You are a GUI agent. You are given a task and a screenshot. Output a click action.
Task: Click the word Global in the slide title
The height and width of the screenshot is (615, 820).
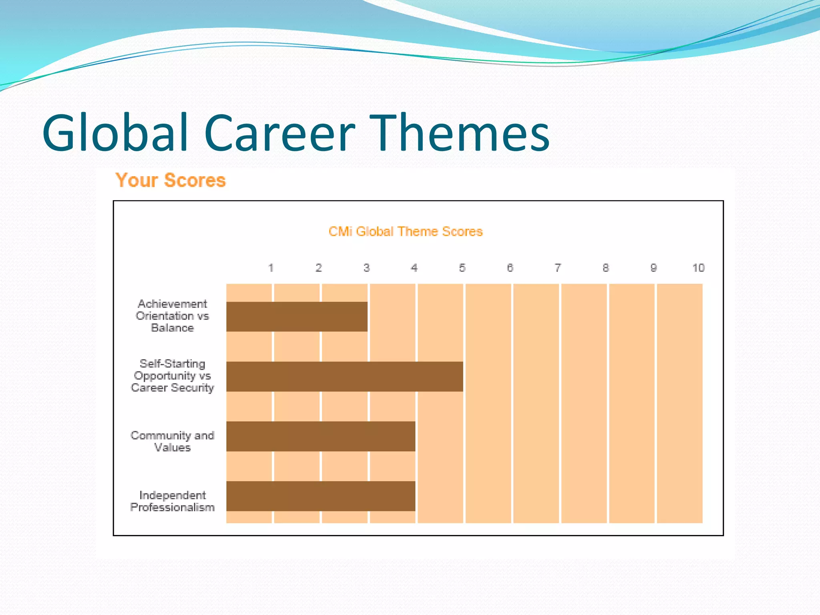[x=115, y=133]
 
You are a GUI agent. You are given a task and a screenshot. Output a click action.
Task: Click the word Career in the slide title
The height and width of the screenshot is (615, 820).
[x=279, y=133]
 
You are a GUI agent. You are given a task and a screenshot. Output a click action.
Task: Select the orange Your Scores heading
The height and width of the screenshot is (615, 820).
[x=171, y=180]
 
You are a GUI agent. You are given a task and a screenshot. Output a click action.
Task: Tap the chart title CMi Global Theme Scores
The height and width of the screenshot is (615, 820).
[x=406, y=231]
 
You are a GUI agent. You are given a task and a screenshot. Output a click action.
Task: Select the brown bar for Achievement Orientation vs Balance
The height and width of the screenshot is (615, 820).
[x=297, y=317]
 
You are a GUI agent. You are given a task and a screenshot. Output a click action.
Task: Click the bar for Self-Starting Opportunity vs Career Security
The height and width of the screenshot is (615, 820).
[x=344, y=376]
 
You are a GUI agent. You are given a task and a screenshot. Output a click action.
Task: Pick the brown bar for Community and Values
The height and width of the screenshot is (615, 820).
[x=320, y=436]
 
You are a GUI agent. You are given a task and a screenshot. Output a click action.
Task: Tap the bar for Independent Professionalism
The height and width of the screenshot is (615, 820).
[x=320, y=496]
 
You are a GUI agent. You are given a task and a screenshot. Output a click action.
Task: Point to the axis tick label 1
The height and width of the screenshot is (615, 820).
[x=271, y=268]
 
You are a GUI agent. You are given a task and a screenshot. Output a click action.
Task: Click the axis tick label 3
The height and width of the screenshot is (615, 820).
[x=366, y=268]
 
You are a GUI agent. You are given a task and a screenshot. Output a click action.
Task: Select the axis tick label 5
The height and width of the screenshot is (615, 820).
[x=462, y=268]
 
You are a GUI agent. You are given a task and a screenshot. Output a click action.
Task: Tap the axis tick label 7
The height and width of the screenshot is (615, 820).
[x=558, y=268]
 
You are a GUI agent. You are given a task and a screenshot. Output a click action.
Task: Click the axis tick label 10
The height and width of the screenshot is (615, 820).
[x=698, y=268]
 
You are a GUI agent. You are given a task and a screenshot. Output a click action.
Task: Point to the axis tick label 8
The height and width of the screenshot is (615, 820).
[x=606, y=268]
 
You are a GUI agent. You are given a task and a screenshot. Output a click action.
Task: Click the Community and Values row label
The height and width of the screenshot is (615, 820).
[x=173, y=441]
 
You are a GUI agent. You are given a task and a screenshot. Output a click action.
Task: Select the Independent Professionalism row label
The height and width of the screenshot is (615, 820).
[x=173, y=501]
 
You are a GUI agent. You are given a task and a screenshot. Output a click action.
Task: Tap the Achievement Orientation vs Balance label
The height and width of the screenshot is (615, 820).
[x=173, y=316]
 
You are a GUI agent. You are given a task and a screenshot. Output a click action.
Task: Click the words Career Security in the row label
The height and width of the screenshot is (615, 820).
[x=173, y=388]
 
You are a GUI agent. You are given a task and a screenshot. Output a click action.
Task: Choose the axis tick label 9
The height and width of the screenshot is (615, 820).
[x=653, y=268]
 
